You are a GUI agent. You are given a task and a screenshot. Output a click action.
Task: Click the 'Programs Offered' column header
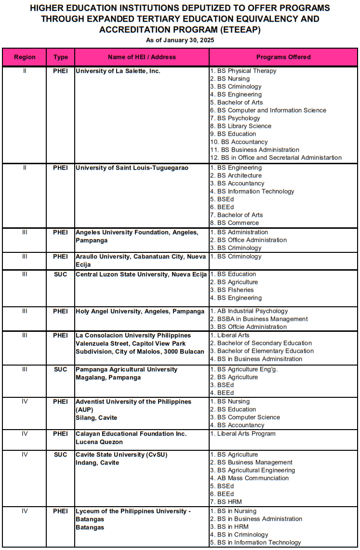coord(283,57)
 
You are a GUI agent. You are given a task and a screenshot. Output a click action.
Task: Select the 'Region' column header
coord(25,57)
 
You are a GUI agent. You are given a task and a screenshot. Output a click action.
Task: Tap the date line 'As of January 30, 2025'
coord(180,40)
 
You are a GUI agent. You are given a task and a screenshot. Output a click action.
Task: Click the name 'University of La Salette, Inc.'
coord(118,71)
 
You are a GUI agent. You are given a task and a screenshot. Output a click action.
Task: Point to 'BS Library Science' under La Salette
coord(244,126)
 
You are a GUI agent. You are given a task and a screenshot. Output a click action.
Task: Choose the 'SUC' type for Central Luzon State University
coord(61,275)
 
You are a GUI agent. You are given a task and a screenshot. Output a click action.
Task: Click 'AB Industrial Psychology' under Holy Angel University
coord(253,311)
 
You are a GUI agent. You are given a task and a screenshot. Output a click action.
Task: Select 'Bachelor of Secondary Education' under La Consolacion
coord(264,343)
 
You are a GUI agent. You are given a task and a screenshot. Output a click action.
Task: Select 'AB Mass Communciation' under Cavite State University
coord(253,478)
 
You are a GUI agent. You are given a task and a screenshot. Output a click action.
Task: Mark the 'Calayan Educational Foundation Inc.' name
coord(131,434)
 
